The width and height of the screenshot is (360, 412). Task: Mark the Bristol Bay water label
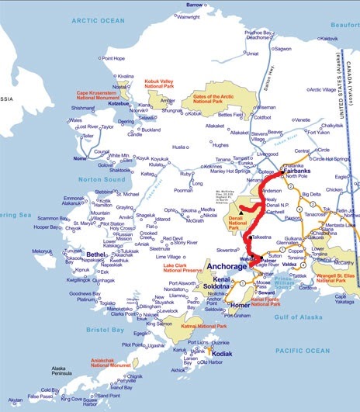pos(105,308)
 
